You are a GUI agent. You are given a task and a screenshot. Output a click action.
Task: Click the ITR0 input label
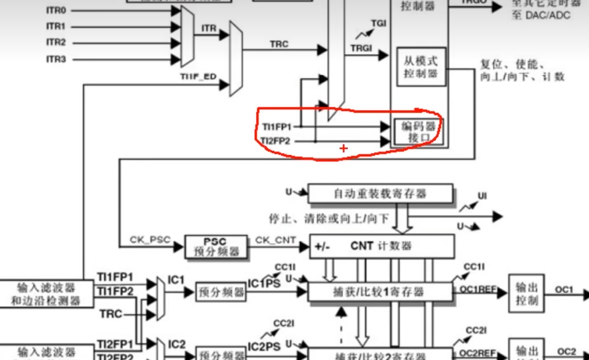(56, 11)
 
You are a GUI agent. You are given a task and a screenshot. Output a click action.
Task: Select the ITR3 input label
(56, 59)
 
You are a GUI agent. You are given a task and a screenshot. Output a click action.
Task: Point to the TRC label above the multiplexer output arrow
(279, 44)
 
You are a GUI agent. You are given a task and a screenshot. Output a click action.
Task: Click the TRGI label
(361, 48)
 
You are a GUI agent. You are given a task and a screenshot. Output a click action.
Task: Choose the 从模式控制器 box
(420, 67)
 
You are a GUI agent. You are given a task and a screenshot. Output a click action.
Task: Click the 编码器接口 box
(419, 132)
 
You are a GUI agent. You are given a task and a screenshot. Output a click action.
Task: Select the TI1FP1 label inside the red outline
(277, 126)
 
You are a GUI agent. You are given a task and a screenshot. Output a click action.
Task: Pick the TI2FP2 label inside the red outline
(276, 141)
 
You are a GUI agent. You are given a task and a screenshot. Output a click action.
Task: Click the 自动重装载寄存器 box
(381, 193)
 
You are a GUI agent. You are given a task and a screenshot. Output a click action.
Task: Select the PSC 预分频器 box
(215, 247)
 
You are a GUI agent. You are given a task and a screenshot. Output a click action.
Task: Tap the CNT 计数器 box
(382, 246)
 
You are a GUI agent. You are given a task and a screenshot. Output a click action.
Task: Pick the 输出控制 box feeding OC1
(526, 293)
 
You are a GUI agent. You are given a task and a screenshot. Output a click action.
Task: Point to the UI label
(482, 196)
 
